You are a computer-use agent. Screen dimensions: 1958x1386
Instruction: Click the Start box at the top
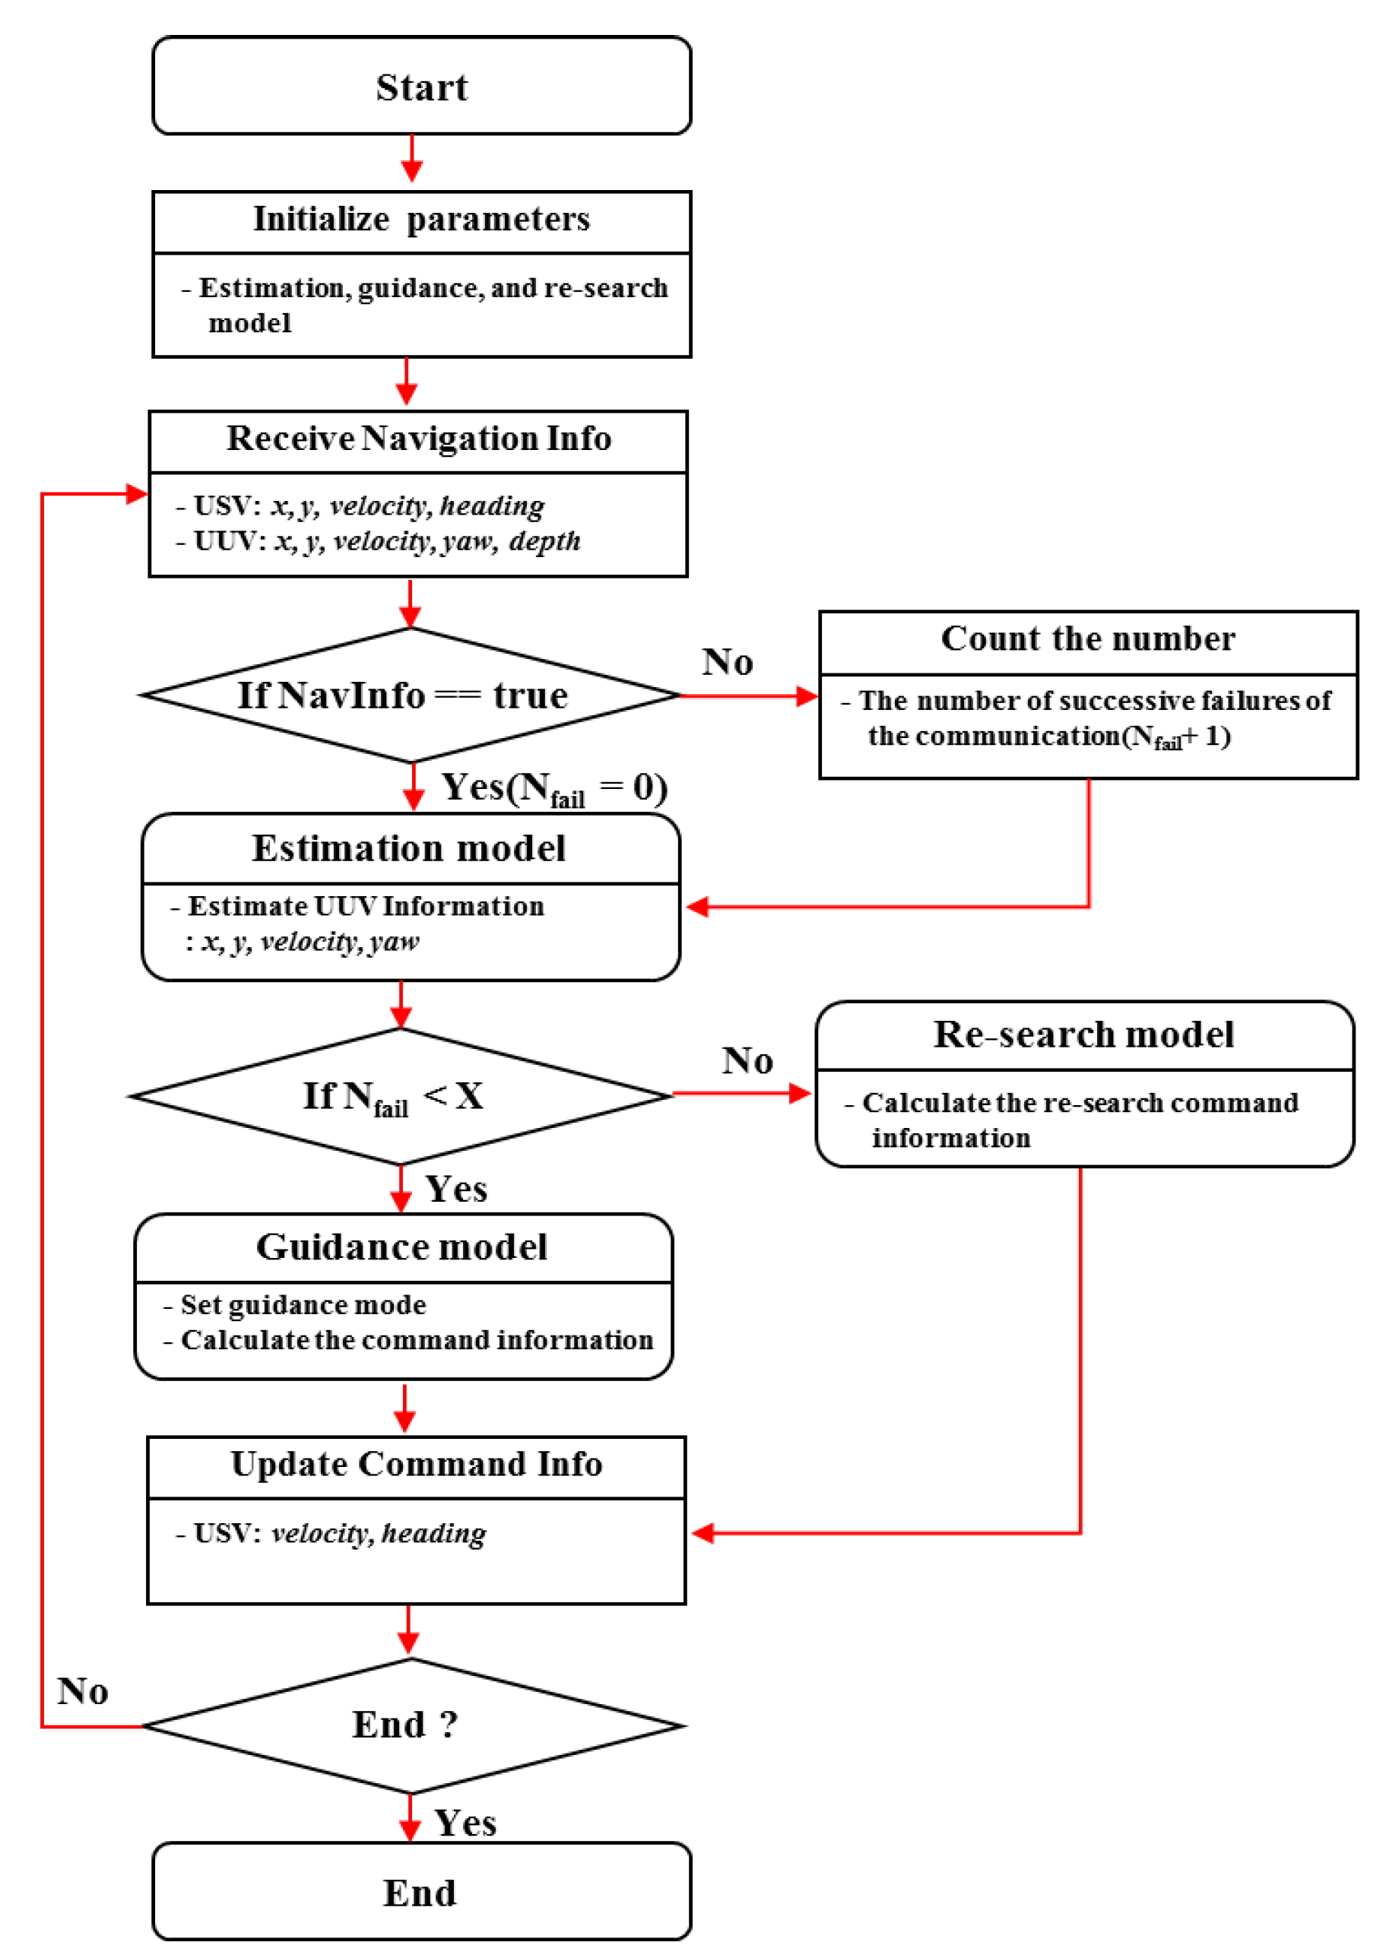point(422,86)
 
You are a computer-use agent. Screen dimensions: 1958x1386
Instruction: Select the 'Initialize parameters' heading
point(422,219)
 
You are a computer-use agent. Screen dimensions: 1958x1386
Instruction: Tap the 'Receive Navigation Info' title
point(418,439)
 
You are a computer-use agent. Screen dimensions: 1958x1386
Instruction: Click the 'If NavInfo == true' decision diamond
point(403,695)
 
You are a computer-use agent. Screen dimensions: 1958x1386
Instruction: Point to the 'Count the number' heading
point(1088,639)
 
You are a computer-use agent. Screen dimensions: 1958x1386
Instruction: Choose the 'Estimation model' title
point(409,849)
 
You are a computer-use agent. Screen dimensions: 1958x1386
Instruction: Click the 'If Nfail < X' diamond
point(393,1096)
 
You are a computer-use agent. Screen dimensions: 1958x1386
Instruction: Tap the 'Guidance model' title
point(402,1247)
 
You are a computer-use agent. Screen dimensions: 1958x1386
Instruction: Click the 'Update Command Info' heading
point(417,1464)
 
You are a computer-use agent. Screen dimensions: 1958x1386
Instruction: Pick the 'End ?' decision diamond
point(405,1725)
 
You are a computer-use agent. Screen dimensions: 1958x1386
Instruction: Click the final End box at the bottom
point(420,1893)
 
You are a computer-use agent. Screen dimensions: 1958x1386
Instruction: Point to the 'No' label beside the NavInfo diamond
point(728,663)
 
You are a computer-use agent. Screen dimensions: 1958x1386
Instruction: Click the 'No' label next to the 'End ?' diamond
point(83,1692)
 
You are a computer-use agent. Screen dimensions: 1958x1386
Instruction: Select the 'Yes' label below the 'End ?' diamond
point(465,1824)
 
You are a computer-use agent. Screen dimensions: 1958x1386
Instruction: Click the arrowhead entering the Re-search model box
point(801,1094)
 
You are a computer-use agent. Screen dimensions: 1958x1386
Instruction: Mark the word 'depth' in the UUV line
point(544,542)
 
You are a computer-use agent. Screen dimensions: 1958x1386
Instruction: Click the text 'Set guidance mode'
point(303,1305)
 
